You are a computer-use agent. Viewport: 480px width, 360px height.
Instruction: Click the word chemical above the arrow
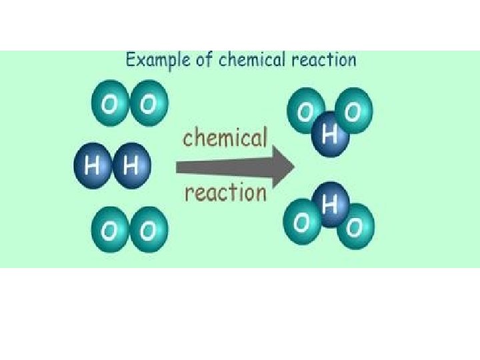click(x=225, y=139)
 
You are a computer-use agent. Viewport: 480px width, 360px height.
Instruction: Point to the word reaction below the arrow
click(x=225, y=193)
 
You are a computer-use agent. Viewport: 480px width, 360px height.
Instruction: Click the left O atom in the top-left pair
click(x=109, y=104)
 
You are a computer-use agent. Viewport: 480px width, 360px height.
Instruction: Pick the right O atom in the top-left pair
click(x=149, y=104)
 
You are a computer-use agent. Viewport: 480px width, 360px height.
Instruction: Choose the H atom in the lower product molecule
click(x=328, y=205)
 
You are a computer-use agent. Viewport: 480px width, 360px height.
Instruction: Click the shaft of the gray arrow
click(x=227, y=166)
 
